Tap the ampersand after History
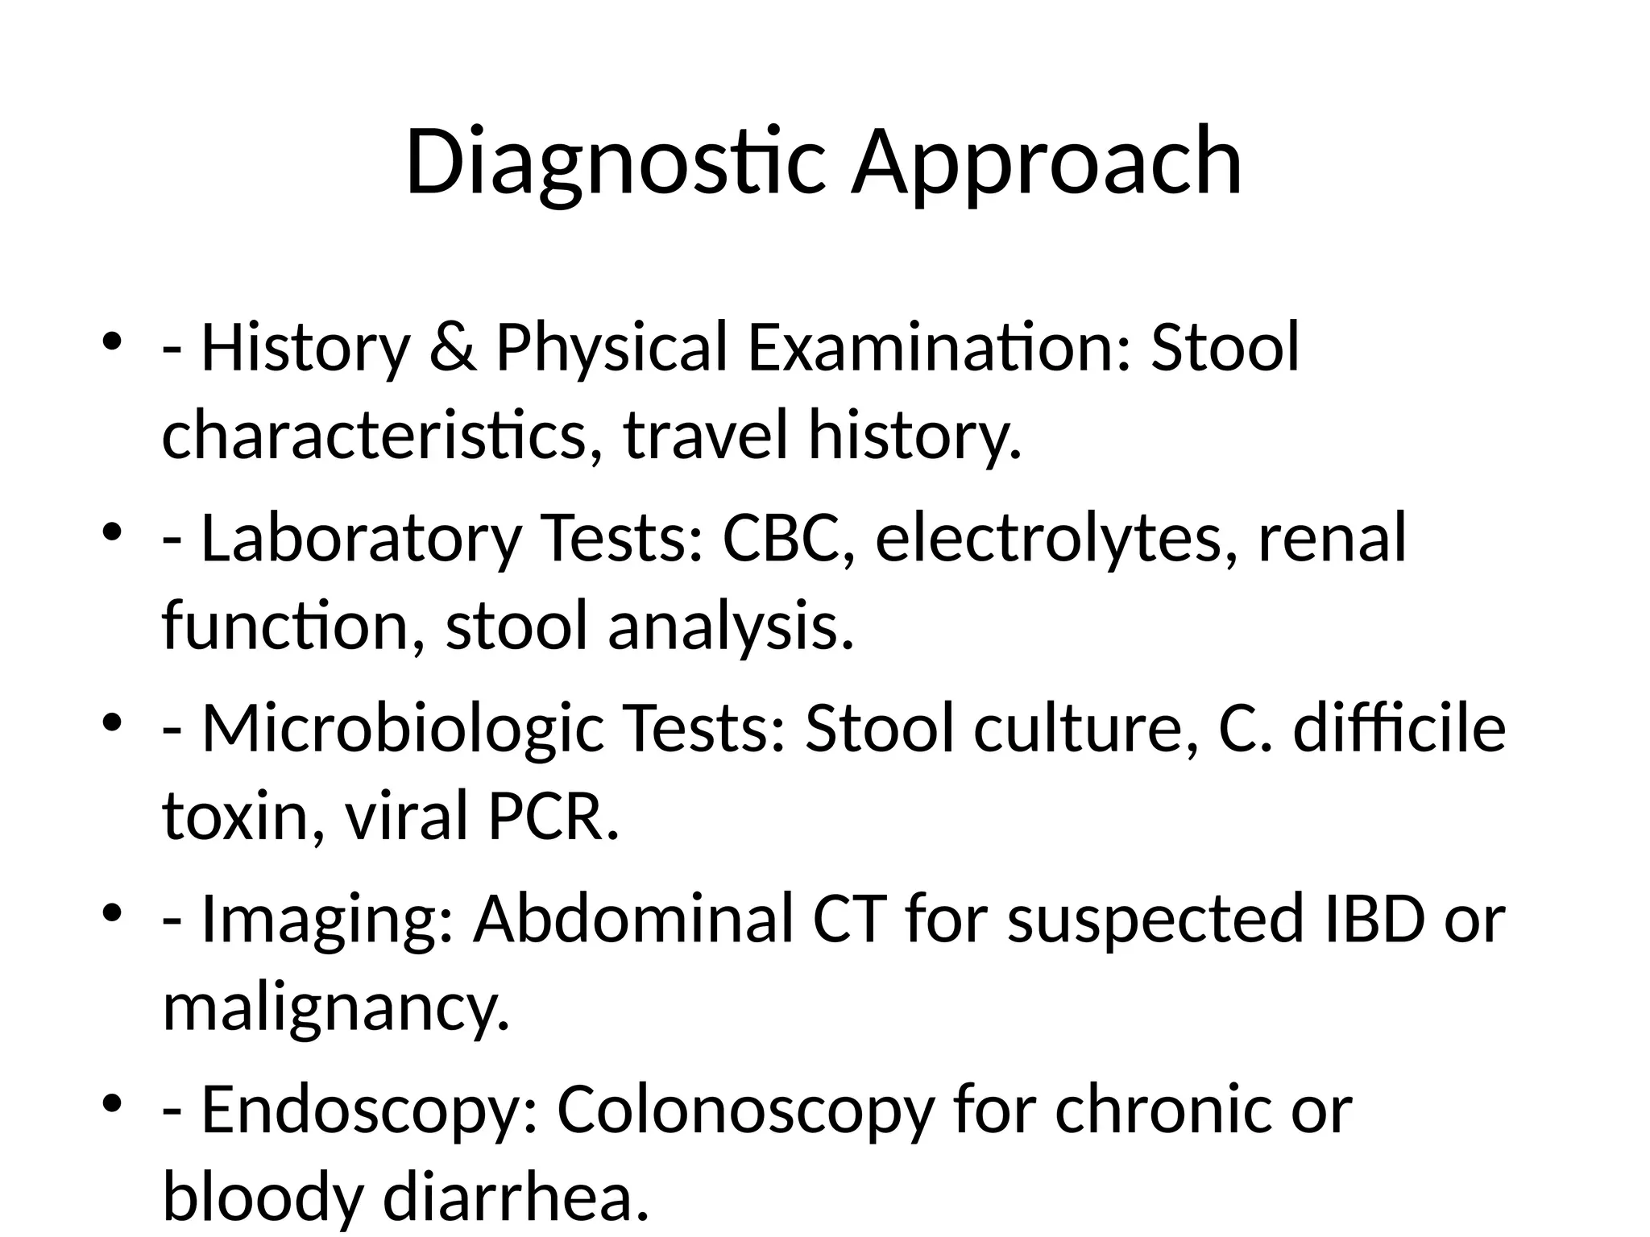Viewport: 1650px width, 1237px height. [x=453, y=348]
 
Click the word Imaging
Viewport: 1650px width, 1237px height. [x=326, y=920]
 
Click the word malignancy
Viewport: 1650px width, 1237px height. [x=336, y=1007]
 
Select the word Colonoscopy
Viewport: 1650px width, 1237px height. [x=746, y=1111]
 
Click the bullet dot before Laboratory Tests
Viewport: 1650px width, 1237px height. [x=112, y=532]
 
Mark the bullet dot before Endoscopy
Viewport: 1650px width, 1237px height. [x=112, y=1103]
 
